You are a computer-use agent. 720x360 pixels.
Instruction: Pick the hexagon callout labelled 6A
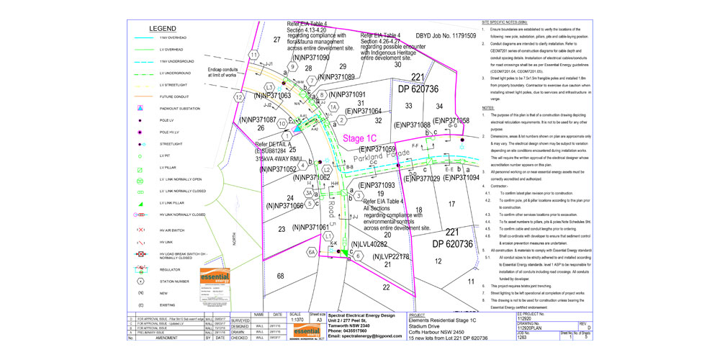[x=312, y=252]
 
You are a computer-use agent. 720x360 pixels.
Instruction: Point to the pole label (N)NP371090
[x=298, y=57]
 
